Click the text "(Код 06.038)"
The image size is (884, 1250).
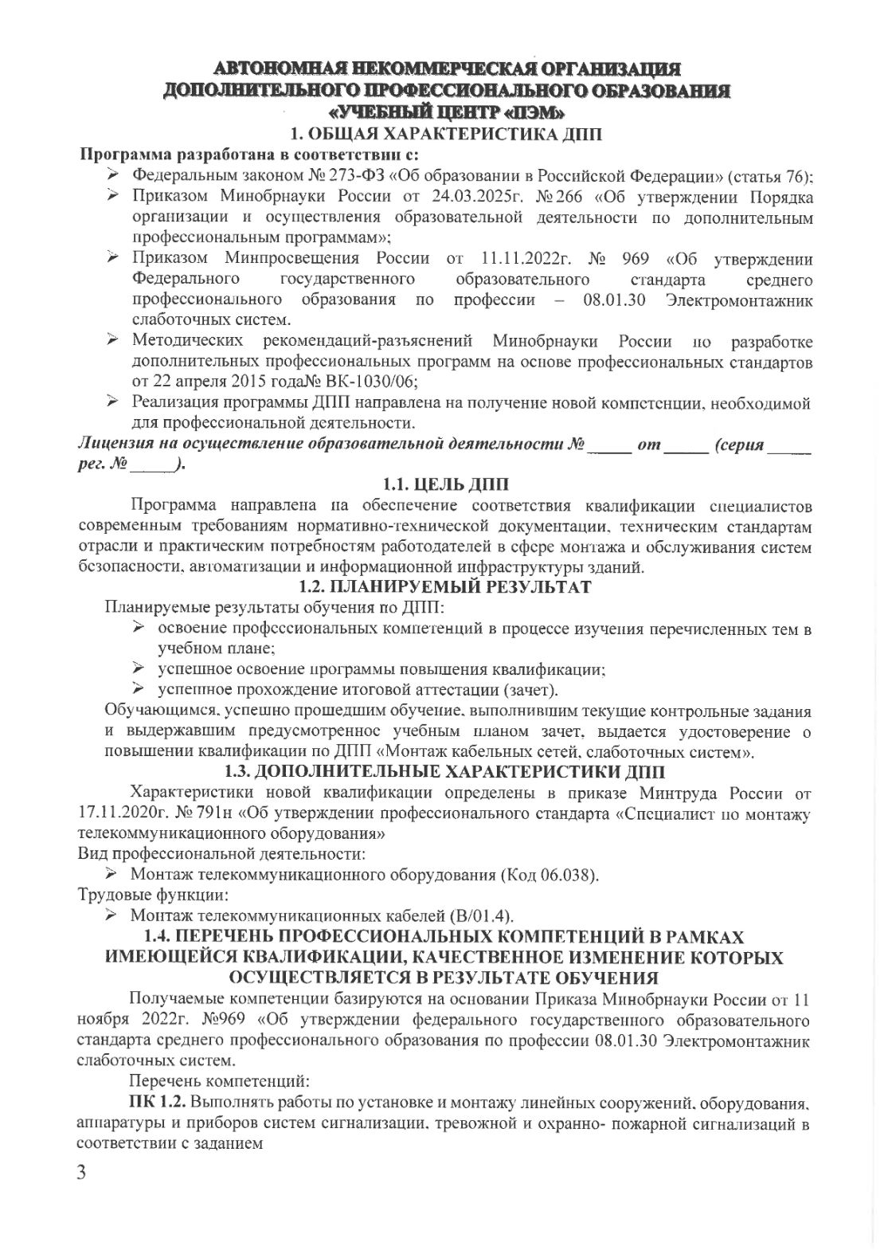tap(549, 875)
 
